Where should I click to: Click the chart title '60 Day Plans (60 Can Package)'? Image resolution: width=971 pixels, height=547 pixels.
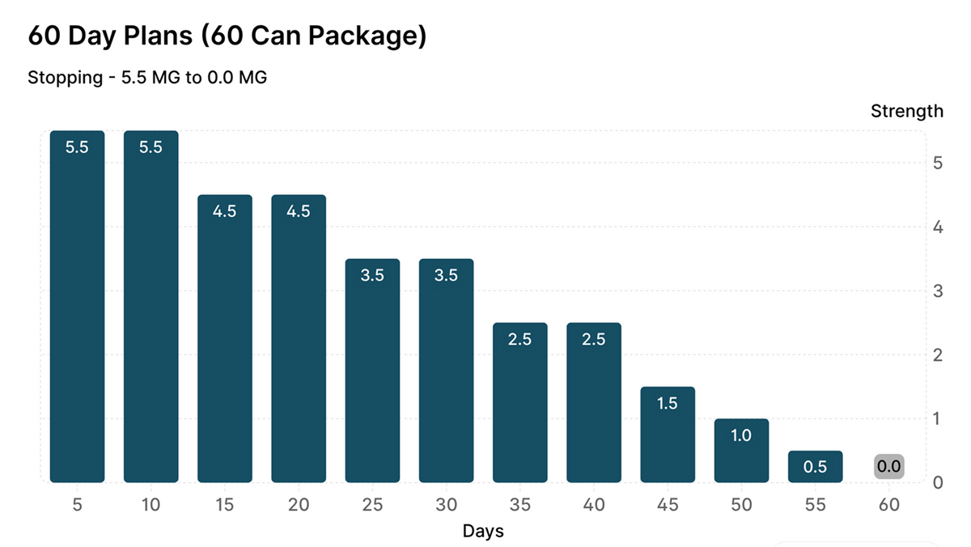[227, 36]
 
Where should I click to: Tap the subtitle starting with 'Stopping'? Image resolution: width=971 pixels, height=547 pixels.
[147, 78]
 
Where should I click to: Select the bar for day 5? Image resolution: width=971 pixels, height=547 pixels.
[77, 307]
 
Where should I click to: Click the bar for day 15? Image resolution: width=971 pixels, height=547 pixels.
[225, 338]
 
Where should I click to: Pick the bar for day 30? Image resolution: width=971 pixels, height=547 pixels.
[446, 371]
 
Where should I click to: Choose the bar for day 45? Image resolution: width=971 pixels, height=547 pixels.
[668, 435]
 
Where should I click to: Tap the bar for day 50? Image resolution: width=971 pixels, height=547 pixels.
[741, 451]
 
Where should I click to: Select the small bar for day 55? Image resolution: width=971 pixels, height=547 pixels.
[816, 466]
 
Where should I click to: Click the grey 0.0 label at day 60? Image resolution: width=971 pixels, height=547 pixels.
[889, 466]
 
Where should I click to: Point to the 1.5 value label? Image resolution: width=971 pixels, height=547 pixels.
[667, 404]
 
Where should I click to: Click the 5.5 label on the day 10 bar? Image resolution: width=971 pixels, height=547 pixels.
[151, 147]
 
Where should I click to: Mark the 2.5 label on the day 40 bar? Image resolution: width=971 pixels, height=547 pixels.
[593, 339]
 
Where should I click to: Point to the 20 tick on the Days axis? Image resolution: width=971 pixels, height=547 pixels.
[299, 505]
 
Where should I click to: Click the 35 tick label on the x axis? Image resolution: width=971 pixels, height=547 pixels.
[519, 505]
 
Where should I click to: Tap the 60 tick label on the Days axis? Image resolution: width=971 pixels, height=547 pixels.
[889, 505]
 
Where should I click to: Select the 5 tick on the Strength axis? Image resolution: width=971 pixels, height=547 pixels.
[938, 163]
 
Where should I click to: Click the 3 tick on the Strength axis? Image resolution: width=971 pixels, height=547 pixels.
[938, 291]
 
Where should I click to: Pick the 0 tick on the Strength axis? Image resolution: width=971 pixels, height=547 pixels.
[938, 483]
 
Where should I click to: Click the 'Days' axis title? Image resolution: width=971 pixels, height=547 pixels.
[483, 531]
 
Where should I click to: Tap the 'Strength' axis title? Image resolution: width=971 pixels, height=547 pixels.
[907, 112]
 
